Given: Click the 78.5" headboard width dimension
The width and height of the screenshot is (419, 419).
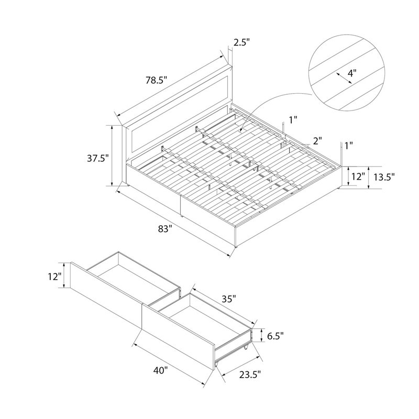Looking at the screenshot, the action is point(156,80).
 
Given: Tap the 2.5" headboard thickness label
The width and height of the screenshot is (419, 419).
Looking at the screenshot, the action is point(242,42).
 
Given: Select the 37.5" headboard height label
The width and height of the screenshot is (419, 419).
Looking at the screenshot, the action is point(98,158).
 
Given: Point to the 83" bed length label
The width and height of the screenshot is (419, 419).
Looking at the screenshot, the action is point(164,229).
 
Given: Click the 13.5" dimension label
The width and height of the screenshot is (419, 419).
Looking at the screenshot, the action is point(384,177).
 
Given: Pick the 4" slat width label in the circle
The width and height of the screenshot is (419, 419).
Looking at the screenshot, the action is point(352,72).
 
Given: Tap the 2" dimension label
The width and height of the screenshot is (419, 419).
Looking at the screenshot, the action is point(317,140).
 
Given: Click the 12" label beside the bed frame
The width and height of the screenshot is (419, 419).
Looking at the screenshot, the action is point(358,177).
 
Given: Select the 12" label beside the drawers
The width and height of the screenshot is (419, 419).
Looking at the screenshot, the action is point(55,277).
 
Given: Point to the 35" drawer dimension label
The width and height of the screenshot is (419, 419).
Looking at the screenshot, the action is point(229,299).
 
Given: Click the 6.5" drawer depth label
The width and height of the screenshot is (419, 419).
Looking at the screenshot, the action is point(275,336).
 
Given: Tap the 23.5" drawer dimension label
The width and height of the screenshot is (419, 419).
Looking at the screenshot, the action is point(250,374).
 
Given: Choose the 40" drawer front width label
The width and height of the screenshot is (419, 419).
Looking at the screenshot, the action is point(161,371).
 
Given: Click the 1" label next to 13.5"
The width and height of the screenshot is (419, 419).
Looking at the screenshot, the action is point(349,146).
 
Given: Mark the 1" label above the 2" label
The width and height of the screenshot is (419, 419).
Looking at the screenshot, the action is point(293,120).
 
